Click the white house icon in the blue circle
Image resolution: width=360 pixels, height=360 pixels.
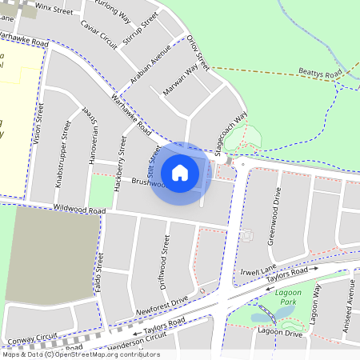pos(180,172)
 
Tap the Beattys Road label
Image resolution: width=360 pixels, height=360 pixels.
pos(320,73)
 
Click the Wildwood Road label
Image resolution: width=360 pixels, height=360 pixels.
pos(79,210)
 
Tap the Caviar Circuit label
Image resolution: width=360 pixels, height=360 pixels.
pos(99,34)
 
